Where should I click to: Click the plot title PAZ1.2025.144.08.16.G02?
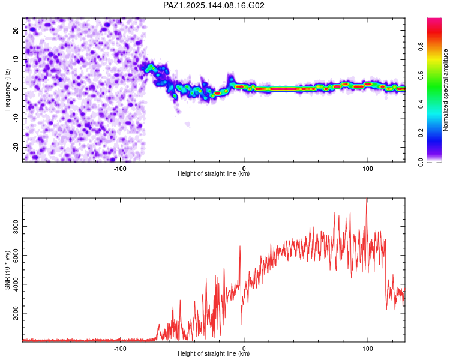(214, 5)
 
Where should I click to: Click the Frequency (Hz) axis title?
(7, 90)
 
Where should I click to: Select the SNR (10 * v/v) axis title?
(7, 270)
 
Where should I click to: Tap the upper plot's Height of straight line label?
(214, 173)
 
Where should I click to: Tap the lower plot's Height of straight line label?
(214, 353)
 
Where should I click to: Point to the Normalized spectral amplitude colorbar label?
(445, 90)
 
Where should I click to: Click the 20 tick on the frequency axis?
(16, 31)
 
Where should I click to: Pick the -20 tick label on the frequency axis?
(16, 148)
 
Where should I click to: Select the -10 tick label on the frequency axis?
(16, 118)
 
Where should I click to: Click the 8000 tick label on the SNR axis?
(16, 227)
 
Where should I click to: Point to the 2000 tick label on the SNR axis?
(16, 313)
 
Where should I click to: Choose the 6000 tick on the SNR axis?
(16, 256)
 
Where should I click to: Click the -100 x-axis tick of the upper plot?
(120, 169)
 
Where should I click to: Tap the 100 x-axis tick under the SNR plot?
(368, 349)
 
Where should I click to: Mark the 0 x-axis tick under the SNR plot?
(244, 349)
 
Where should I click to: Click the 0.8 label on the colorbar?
(421, 46)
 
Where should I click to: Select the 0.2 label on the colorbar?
(421, 133)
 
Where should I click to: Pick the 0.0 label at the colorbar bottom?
(421, 163)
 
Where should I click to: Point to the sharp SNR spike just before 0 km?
(240, 247)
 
